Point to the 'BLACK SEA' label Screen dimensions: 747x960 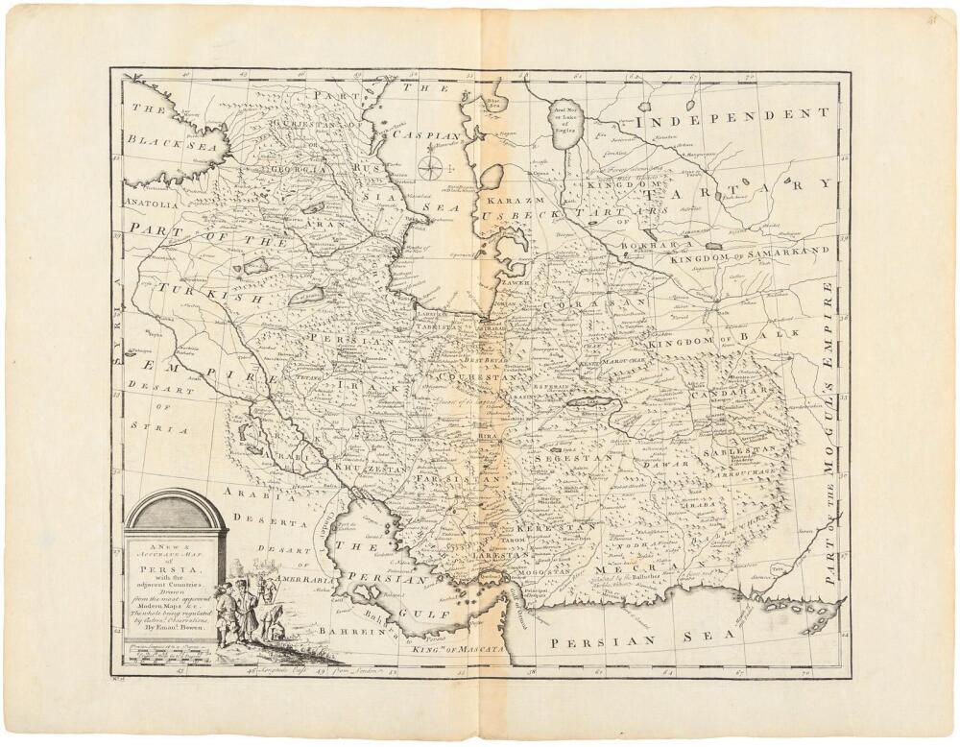[x=174, y=145]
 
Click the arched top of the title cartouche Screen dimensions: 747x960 [x=176, y=509]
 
